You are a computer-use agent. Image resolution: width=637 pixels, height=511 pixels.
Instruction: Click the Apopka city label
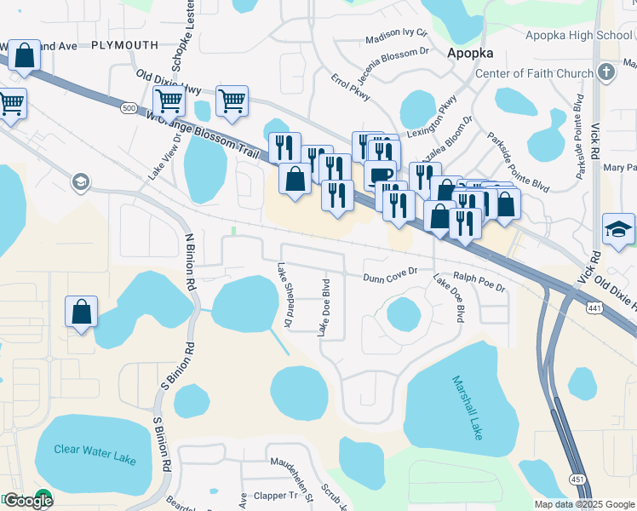(x=471, y=53)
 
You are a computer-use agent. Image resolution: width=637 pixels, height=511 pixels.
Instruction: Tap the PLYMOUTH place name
(x=124, y=44)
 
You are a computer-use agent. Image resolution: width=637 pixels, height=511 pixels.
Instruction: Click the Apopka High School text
(x=578, y=35)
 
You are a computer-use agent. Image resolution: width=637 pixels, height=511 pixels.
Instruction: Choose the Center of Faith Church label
(x=533, y=73)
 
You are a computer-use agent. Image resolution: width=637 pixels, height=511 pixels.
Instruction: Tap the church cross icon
(x=606, y=72)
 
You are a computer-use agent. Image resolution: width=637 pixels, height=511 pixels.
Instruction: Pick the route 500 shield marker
(x=128, y=108)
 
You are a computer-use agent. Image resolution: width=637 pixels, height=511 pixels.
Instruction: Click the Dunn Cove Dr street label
(x=389, y=276)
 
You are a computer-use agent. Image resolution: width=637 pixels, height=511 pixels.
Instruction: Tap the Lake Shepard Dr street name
(x=284, y=295)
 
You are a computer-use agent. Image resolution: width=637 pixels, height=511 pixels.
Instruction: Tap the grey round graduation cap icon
(x=81, y=181)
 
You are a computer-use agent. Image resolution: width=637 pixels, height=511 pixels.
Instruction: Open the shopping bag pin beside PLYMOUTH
(x=25, y=56)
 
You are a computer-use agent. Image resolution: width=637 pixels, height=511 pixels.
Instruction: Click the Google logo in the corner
(x=27, y=500)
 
